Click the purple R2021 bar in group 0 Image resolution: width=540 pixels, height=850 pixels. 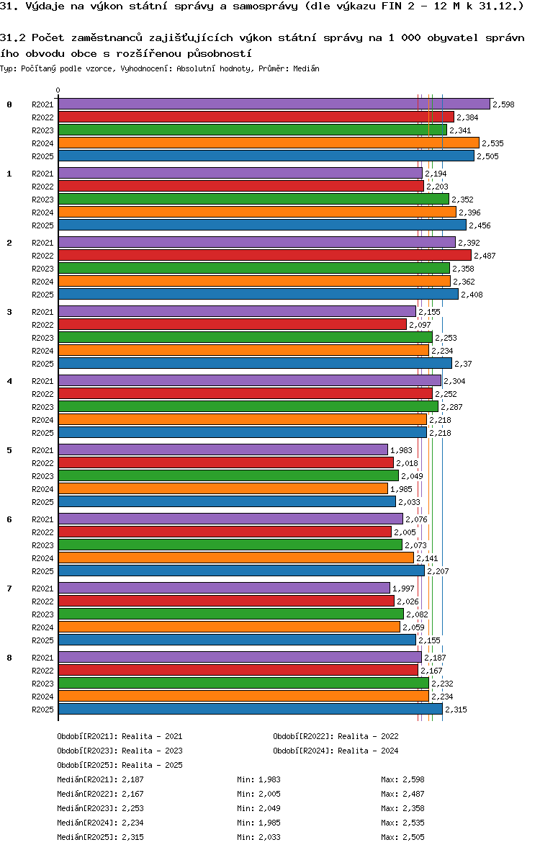click(x=274, y=104)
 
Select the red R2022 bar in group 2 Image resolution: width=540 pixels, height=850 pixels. click(x=264, y=256)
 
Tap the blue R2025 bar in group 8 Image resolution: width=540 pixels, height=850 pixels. click(x=250, y=710)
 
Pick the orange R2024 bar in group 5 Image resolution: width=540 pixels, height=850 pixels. click(x=222, y=489)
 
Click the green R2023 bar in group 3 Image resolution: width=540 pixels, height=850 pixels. click(x=245, y=338)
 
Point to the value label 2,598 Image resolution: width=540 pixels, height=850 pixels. click(x=503, y=104)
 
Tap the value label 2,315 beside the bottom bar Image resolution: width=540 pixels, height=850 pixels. click(x=456, y=710)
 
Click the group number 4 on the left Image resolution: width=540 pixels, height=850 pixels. click(x=9, y=381)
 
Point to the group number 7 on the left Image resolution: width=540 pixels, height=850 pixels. click(x=9, y=589)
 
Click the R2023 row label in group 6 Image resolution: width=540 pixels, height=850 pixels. click(x=42, y=545)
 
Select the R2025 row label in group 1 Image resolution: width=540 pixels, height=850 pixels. click(x=42, y=225)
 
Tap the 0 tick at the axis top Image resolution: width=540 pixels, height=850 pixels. click(x=58, y=91)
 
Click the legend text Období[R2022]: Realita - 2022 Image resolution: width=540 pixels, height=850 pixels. click(x=336, y=736)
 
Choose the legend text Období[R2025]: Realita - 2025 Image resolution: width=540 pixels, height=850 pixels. click(x=120, y=765)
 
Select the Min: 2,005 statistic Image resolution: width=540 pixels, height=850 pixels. click(x=258, y=794)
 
